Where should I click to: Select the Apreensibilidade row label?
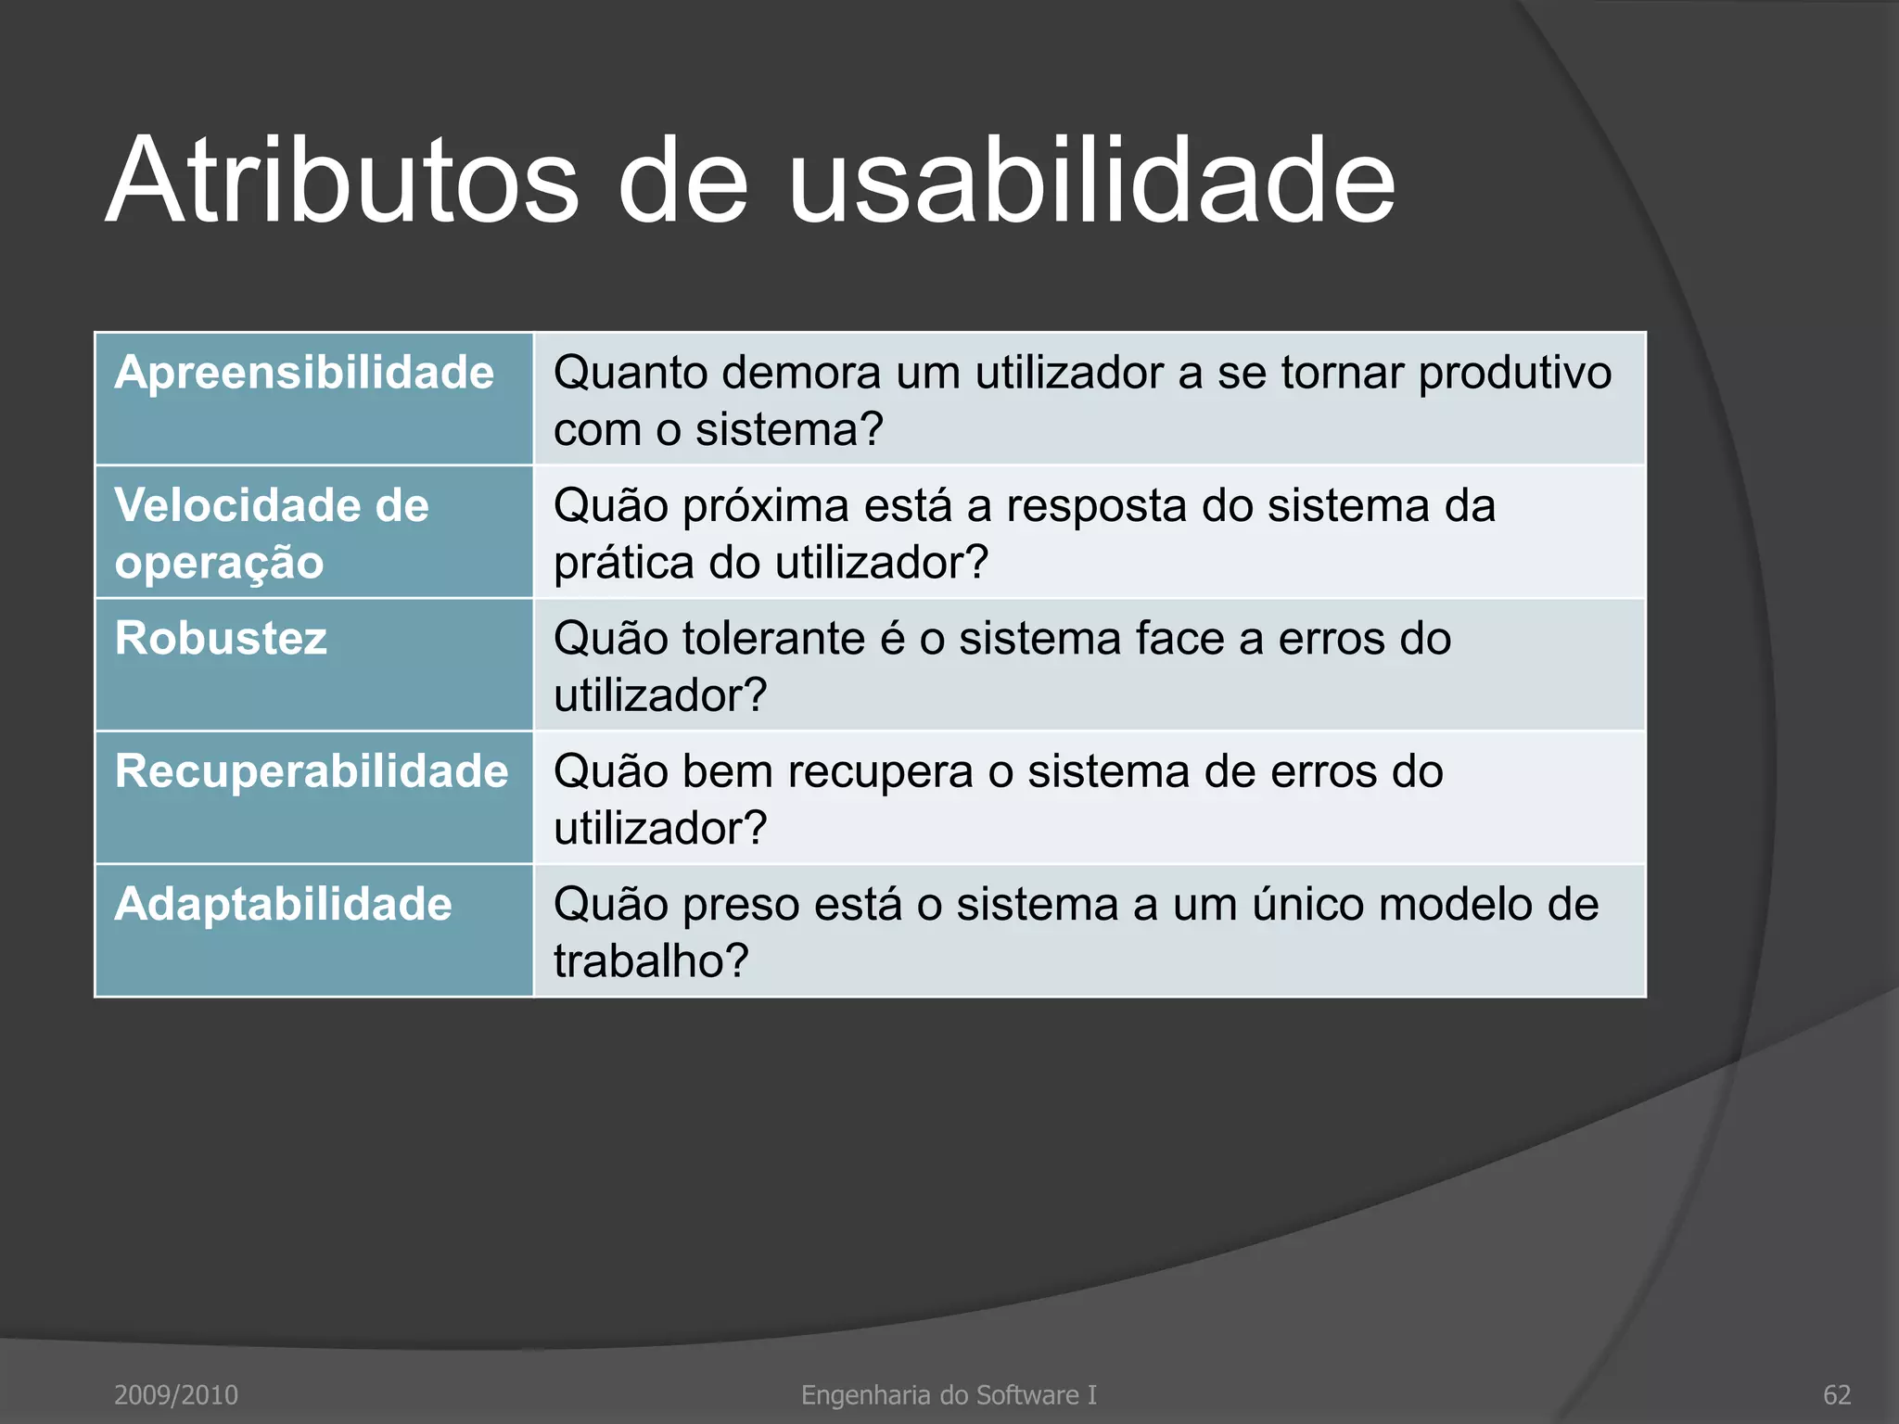click(304, 374)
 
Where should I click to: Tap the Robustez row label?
click(221, 639)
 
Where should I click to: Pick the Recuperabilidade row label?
click(312, 771)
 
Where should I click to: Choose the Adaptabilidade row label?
click(283, 904)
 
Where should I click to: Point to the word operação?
click(219, 564)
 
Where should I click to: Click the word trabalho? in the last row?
click(651, 960)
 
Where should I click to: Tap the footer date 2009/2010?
click(175, 1394)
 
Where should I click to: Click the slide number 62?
click(1836, 1394)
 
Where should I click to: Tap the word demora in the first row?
click(802, 374)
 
